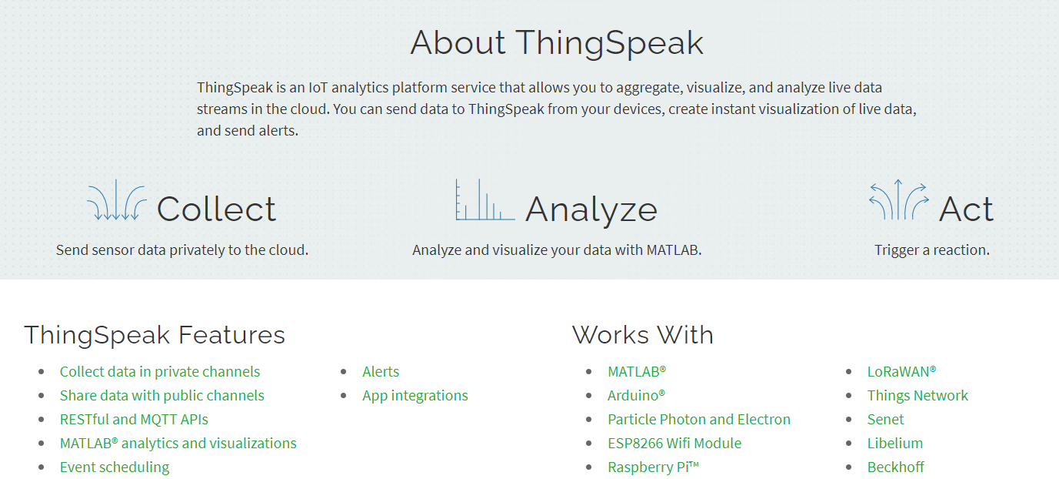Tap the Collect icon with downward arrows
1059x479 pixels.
116,200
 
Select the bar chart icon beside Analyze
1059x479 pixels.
485,199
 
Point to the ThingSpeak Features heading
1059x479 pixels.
155,335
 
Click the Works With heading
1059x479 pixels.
642,335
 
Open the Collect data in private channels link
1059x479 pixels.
160,371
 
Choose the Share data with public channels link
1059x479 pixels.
162,395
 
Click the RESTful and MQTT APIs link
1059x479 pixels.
134,420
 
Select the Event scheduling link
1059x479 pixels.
115,467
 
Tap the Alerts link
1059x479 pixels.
381,371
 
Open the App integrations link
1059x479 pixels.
415,396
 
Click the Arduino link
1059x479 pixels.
636,395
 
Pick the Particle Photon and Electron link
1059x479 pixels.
699,420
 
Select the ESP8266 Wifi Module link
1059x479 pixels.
674,443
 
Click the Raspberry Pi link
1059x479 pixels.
654,467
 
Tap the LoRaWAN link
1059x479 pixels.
901,371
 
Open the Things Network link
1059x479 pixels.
917,396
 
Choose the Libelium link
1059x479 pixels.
895,443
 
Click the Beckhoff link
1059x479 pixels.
895,467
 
